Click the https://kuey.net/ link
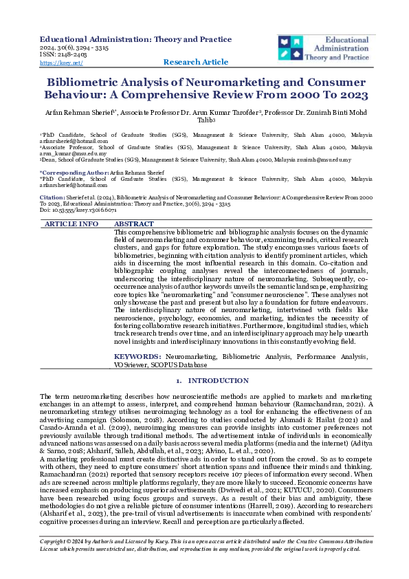coord(60,63)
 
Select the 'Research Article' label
coord(196,62)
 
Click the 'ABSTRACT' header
coord(134,224)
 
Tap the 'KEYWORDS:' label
coord(138,356)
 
